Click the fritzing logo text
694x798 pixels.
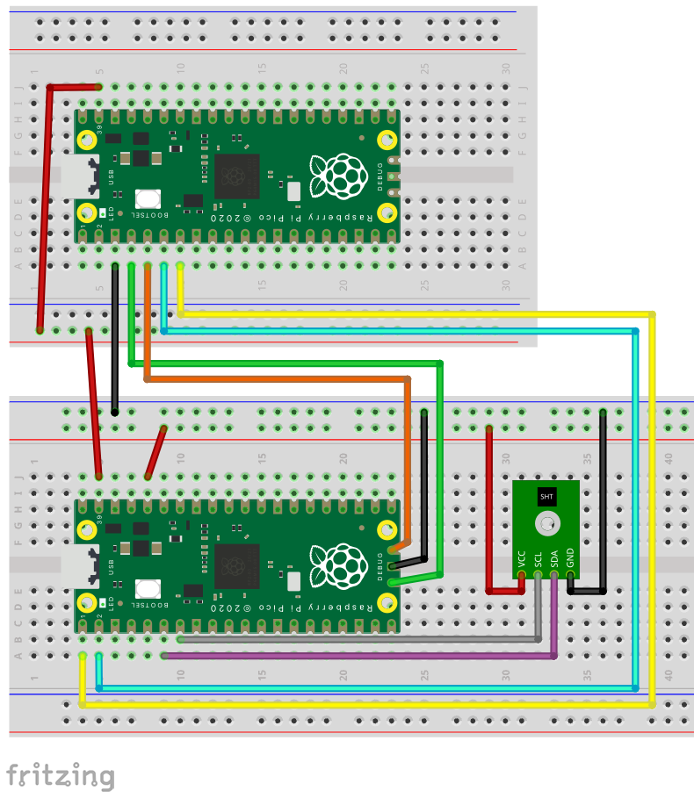coord(61,776)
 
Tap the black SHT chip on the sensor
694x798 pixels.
coord(546,497)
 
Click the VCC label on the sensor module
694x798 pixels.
coord(521,558)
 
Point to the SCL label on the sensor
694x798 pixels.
coord(538,558)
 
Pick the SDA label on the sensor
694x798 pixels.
coord(553,558)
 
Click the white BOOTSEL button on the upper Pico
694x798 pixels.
coord(147,199)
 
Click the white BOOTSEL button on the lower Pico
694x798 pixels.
coord(147,591)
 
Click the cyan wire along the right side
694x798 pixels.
coord(635,509)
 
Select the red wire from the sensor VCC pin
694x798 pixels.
coord(488,509)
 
